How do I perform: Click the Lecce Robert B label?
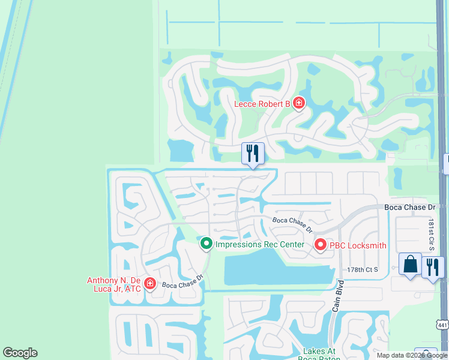(262, 104)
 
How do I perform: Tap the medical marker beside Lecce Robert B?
(298, 104)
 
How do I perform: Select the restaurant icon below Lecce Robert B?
(253, 153)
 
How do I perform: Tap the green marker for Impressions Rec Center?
(206, 244)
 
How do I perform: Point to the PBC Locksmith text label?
(357, 245)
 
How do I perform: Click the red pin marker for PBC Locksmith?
(320, 245)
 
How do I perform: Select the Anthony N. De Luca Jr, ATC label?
(114, 284)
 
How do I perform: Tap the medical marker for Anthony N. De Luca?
(150, 284)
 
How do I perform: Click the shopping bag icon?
(410, 264)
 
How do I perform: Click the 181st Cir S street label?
(431, 235)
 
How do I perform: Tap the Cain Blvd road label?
(337, 295)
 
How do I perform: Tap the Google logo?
(20, 353)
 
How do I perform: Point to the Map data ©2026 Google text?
(412, 355)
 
